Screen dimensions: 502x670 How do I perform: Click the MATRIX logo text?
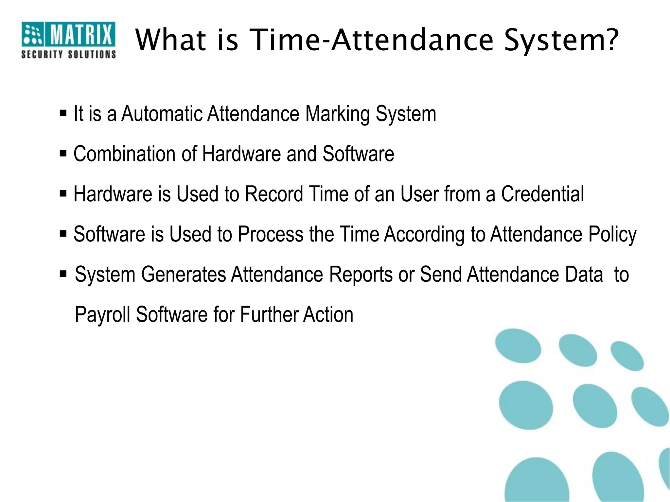[80, 34]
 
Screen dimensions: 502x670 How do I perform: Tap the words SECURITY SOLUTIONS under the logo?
[68, 54]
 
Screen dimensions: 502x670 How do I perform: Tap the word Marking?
[337, 114]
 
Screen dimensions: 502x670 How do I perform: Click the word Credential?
[542, 194]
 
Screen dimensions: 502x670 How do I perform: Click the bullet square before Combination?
[63, 153]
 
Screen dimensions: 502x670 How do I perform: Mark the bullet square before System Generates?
[63, 273]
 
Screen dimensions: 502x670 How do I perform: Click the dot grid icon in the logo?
[33, 34]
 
